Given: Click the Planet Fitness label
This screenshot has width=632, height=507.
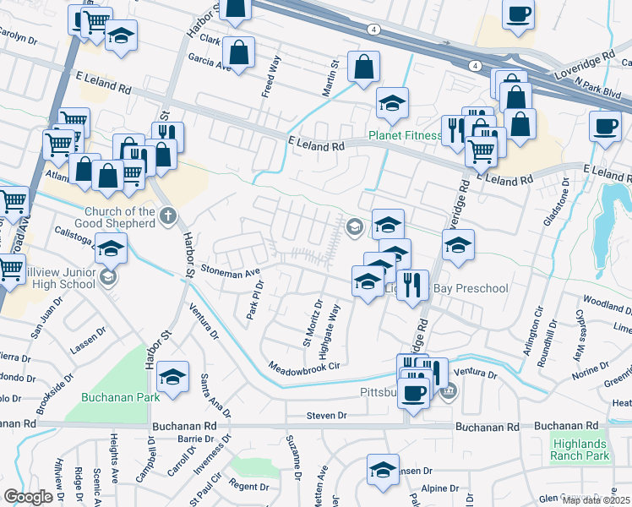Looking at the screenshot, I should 405,135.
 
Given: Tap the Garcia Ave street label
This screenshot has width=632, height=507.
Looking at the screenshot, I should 210,62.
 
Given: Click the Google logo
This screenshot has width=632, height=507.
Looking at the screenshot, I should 28,497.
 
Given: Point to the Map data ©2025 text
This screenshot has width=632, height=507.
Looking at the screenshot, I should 596,500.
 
